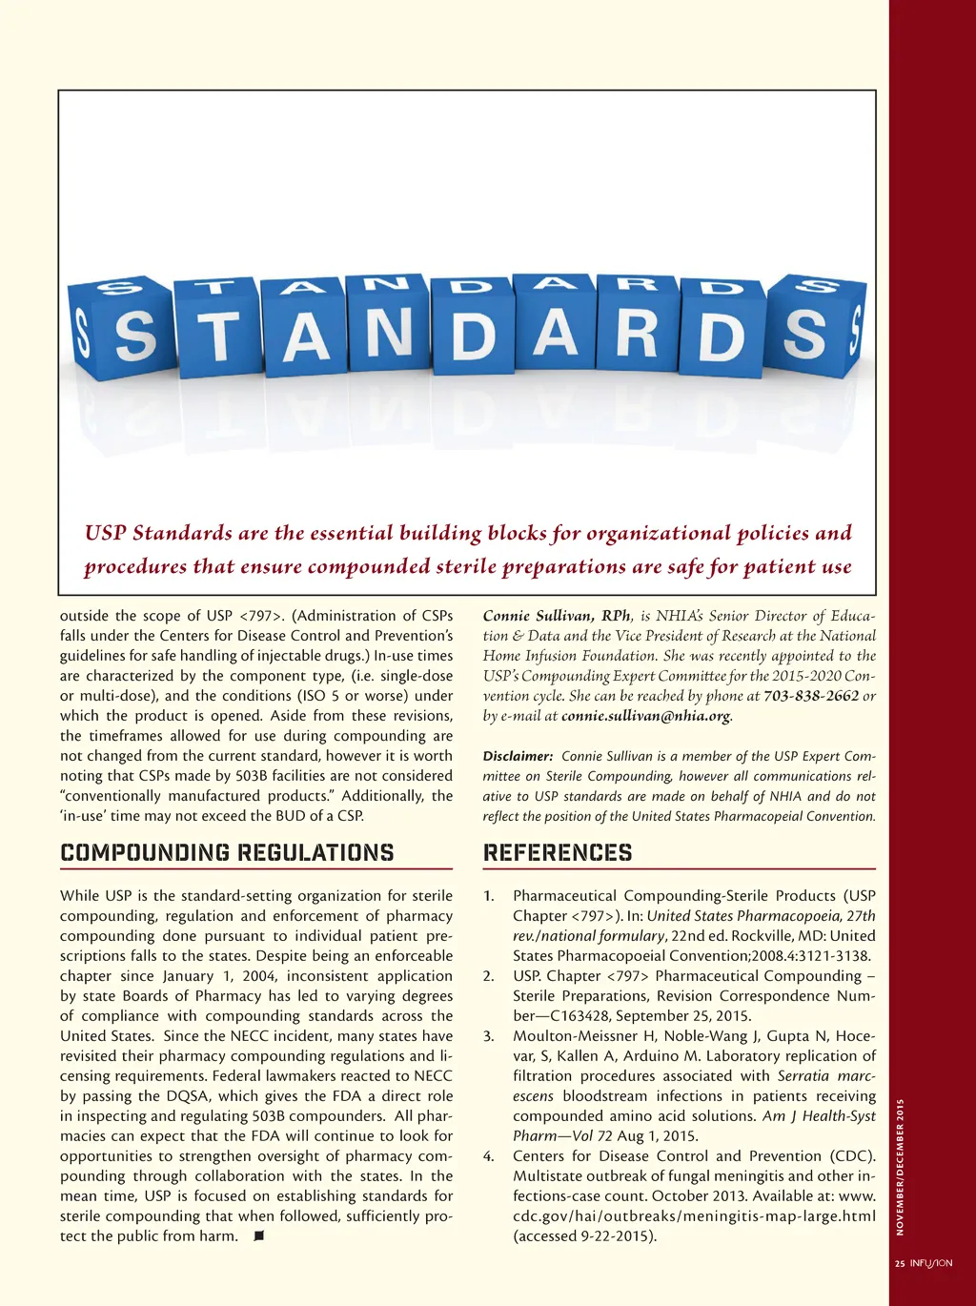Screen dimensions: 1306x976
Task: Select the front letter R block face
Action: click(636, 330)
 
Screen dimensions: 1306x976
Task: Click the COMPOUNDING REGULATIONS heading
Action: click(227, 852)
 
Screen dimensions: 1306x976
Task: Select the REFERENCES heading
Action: click(558, 852)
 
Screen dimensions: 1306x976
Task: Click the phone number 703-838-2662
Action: click(811, 696)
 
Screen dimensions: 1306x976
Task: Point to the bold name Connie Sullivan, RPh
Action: click(557, 616)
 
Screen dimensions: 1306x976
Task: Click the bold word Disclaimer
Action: click(518, 756)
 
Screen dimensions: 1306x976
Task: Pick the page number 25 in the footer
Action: click(900, 1263)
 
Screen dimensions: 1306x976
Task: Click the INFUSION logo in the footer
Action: click(931, 1263)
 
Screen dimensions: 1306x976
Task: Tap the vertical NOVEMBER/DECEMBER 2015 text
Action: click(900, 1167)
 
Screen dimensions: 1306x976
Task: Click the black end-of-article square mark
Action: click(258, 1235)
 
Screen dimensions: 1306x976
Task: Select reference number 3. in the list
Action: click(489, 1036)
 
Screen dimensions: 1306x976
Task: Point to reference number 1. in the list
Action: click(489, 896)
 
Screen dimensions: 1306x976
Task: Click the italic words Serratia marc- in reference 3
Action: click(826, 1076)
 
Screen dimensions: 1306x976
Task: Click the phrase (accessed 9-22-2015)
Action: click(584, 1236)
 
